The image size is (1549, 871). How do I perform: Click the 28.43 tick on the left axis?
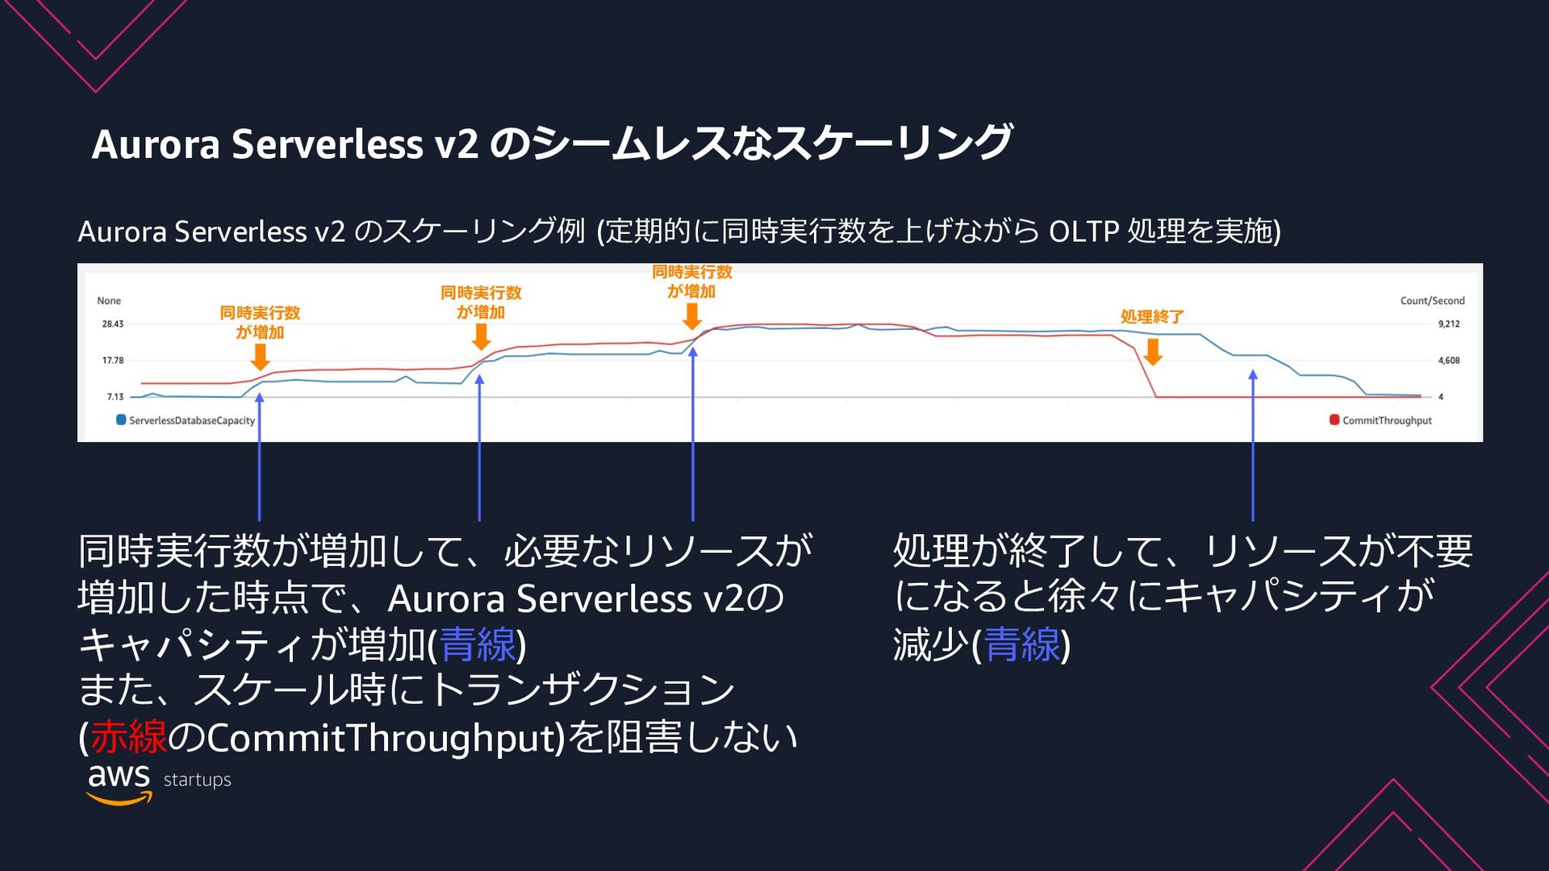pyautogui.click(x=112, y=324)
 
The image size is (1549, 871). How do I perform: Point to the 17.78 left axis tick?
pyautogui.click(x=112, y=360)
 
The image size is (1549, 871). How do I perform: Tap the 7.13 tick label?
pyautogui.click(x=115, y=397)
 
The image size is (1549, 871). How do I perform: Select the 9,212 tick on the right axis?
pyautogui.click(x=1448, y=324)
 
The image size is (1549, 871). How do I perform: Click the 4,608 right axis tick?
pyautogui.click(x=1448, y=360)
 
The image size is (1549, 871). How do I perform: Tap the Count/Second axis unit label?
pyautogui.click(x=1432, y=301)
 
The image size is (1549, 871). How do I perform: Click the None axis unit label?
pyautogui.click(x=109, y=301)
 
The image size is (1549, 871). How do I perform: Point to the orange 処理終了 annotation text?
pyautogui.click(x=1152, y=317)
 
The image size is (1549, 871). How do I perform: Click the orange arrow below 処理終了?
pyautogui.click(x=1153, y=352)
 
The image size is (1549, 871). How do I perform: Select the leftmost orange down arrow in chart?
pyautogui.click(x=260, y=356)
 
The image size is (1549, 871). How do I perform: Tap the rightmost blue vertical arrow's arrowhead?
pyautogui.click(x=1253, y=375)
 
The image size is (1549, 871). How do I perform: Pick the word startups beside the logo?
pyautogui.click(x=197, y=780)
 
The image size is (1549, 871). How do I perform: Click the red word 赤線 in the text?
pyautogui.click(x=128, y=736)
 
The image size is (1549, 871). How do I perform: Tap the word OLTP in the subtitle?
pyautogui.click(x=1083, y=232)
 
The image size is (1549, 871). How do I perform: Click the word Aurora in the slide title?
pyautogui.click(x=156, y=144)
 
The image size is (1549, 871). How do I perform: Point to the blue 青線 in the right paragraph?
pyautogui.click(x=1022, y=644)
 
